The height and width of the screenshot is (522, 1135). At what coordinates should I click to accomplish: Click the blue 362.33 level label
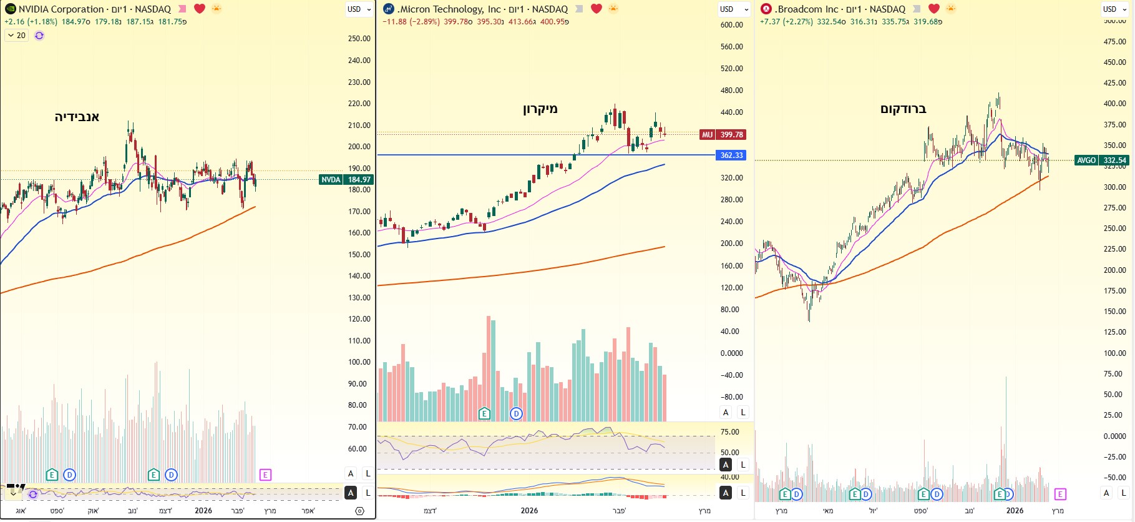pyautogui.click(x=731, y=155)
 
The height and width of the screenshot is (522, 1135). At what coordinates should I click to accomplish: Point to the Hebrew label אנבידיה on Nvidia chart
pyautogui.click(x=77, y=117)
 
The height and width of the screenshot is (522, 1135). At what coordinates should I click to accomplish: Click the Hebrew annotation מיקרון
pyautogui.click(x=540, y=109)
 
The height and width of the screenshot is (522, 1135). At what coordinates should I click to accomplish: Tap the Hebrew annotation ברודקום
pyautogui.click(x=903, y=109)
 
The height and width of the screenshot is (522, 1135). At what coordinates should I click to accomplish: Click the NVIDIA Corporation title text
pyautogui.click(x=61, y=9)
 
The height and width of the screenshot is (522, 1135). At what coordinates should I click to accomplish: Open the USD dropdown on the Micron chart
pyautogui.click(x=733, y=9)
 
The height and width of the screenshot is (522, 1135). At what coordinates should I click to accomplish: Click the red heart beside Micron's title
pyautogui.click(x=597, y=9)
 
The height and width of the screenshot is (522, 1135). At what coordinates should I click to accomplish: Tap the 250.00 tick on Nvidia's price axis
pyautogui.click(x=359, y=39)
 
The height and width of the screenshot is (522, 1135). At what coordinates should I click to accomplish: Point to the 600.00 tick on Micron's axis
pyautogui.click(x=731, y=25)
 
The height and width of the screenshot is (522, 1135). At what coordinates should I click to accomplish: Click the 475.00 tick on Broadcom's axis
pyautogui.click(x=1114, y=42)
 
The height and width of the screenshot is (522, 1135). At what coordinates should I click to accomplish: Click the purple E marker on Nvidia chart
pyautogui.click(x=265, y=475)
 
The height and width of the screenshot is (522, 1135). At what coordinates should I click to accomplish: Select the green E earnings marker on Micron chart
pyautogui.click(x=484, y=413)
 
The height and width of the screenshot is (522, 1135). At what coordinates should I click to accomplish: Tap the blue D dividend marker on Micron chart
pyautogui.click(x=516, y=413)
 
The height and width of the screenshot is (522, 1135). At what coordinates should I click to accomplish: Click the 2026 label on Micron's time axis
pyautogui.click(x=529, y=511)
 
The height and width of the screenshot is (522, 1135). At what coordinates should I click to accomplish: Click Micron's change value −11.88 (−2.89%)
pyautogui.click(x=411, y=22)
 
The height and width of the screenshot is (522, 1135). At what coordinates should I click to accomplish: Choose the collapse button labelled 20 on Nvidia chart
pyautogui.click(x=17, y=36)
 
